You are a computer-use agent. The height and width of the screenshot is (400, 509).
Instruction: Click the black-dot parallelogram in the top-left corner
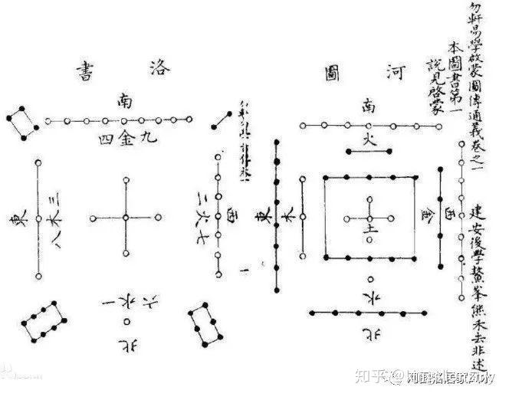click(21, 120)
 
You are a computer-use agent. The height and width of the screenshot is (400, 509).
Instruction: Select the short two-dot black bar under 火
click(369, 152)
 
